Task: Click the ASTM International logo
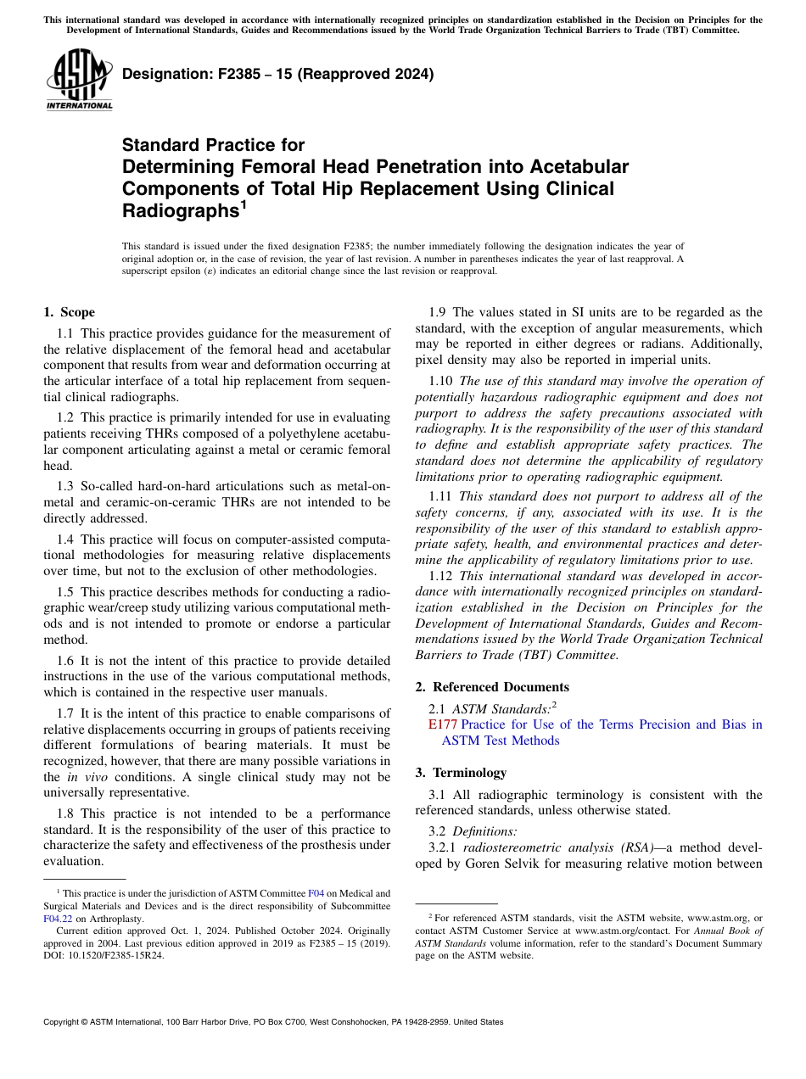79,81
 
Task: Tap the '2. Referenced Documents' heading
492,687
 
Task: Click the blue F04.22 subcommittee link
57,918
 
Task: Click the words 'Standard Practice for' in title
213,145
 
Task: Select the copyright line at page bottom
273,1022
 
